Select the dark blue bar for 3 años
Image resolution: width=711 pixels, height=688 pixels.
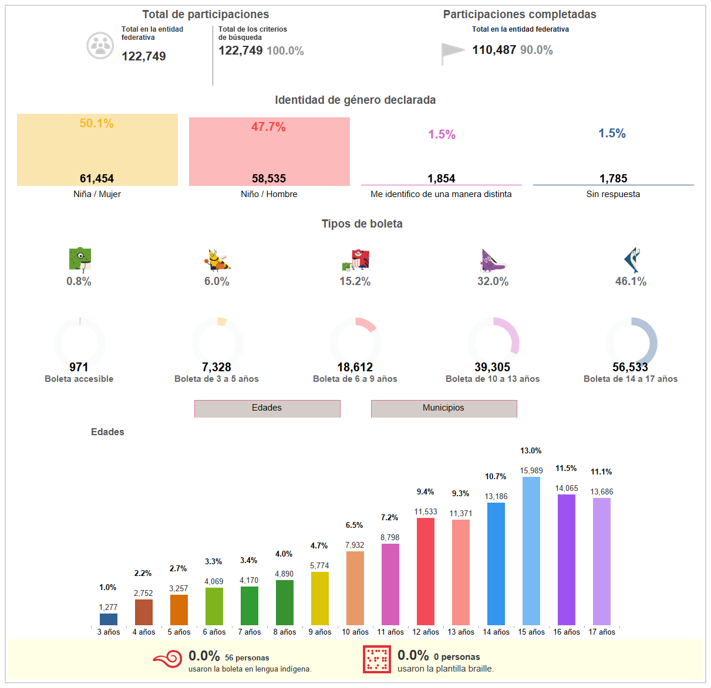[109, 619]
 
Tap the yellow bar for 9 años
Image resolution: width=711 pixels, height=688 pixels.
[320, 598]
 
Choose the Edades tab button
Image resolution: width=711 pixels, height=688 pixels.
[267, 408]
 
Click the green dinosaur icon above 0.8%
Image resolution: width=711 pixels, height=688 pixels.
[79, 260]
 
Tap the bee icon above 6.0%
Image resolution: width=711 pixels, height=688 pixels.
[217, 260]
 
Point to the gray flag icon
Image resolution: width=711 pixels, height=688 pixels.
[453, 53]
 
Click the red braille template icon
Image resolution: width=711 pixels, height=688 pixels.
[376, 659]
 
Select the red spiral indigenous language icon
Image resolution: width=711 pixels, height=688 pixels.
[168, 659]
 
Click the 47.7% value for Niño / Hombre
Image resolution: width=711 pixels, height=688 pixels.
[268, 127]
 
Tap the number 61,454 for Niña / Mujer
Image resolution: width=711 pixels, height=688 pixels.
[97, 178]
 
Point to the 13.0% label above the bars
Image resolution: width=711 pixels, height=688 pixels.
[531, 450]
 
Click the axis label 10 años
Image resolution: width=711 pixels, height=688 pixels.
[355, 632]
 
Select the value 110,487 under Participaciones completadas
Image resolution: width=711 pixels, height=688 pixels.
[494, 50]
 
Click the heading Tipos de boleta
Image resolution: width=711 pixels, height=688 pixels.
[362, 223]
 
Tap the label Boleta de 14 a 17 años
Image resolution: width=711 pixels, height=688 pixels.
[631, 379]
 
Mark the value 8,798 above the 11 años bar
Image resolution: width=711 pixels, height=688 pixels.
[390, 537]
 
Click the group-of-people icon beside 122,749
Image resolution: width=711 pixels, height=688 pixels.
[100, 45]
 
